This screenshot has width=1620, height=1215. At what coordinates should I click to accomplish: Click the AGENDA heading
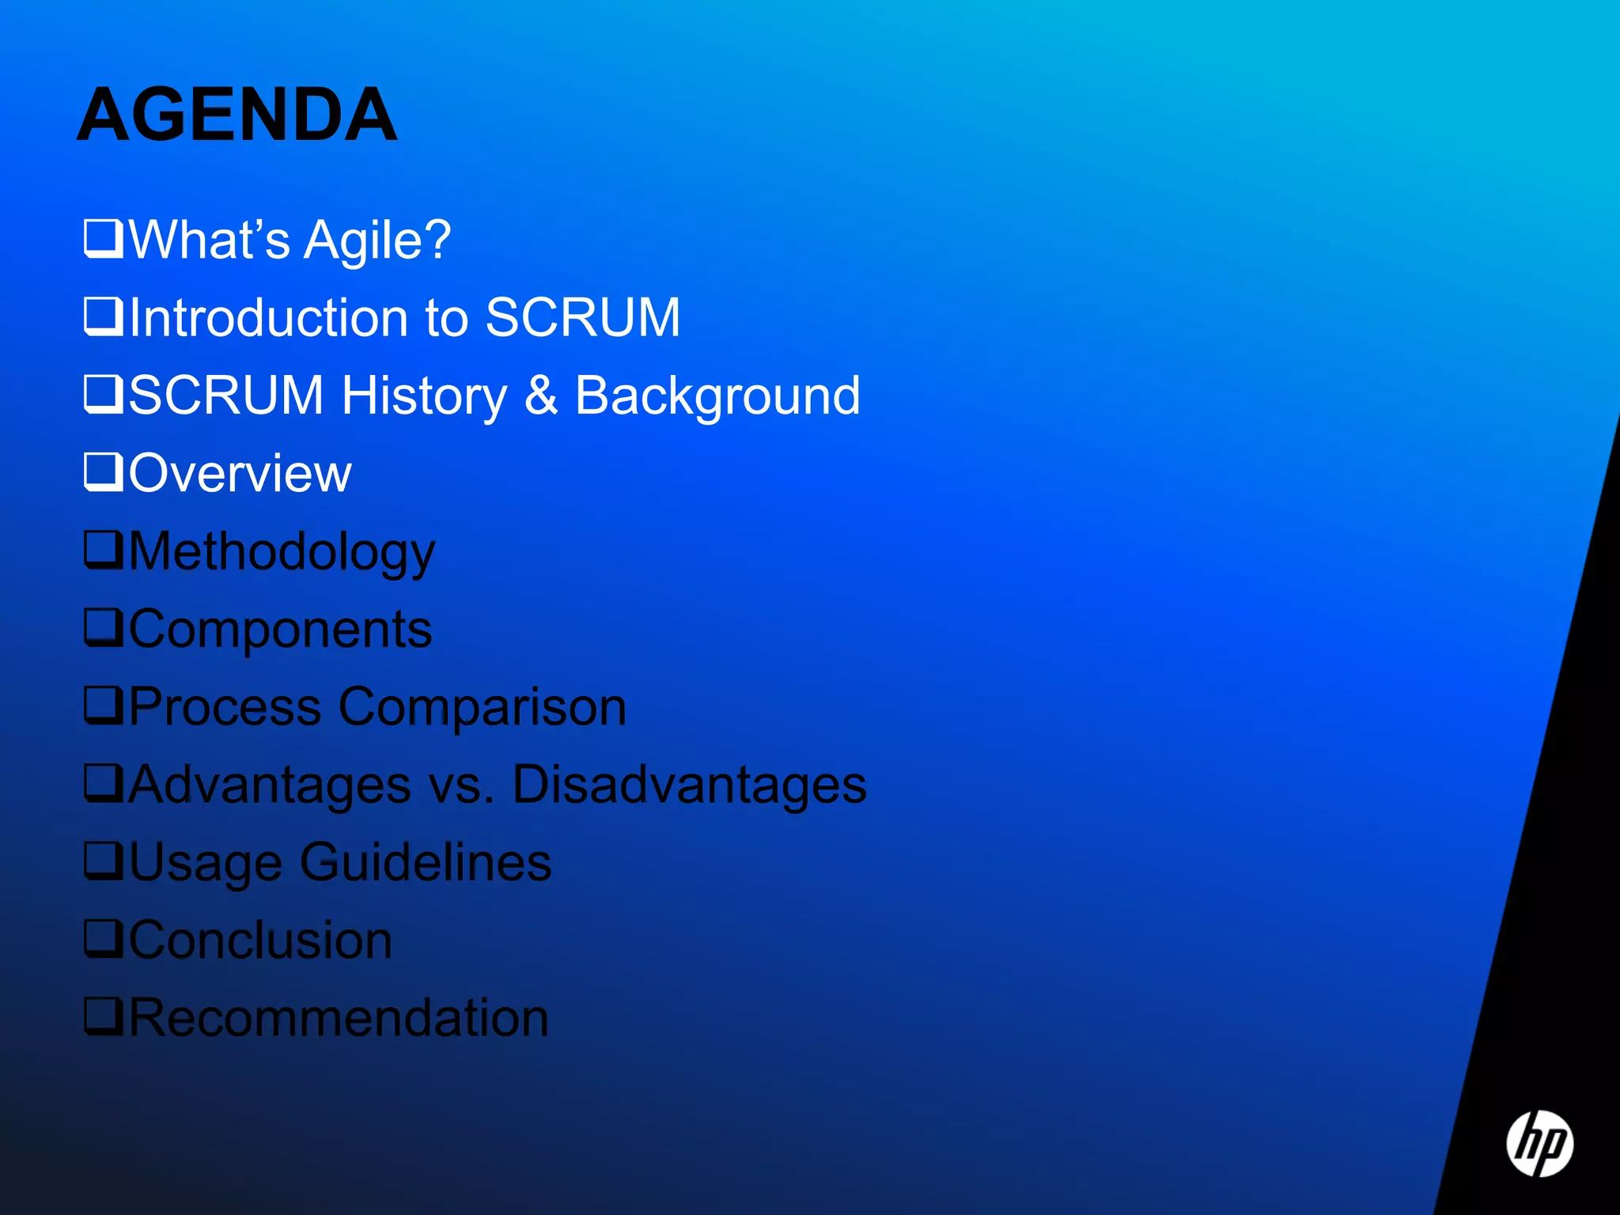click(x=237, y=115)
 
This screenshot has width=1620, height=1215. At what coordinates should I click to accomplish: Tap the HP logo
click(x=1539, y=1144)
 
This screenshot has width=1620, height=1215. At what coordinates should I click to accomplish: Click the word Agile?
click(x=378, y=240)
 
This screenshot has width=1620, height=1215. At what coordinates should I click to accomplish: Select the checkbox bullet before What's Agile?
click(x=104, y=238)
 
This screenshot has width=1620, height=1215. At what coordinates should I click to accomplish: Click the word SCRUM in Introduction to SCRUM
click(x=583, y=318)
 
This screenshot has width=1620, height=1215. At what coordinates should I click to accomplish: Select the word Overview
click(x=240, y=474)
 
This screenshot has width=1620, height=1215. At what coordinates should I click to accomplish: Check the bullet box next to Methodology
click(x=104, y=550)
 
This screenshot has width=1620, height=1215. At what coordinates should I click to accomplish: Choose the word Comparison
click(x=483, y=706)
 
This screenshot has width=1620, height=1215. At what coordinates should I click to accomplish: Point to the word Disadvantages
click(x=690, y=785)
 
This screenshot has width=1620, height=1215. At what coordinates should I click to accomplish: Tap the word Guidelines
click(x=426, y=862)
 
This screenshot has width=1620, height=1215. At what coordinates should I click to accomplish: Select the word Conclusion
click(x=261, y=941)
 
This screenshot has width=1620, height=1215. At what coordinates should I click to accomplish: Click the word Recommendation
click(x=339, y=1018)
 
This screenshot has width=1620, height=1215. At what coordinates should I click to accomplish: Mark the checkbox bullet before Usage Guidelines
click(x=104, y=861)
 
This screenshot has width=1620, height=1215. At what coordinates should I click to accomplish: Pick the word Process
click(x=225, y=706)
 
